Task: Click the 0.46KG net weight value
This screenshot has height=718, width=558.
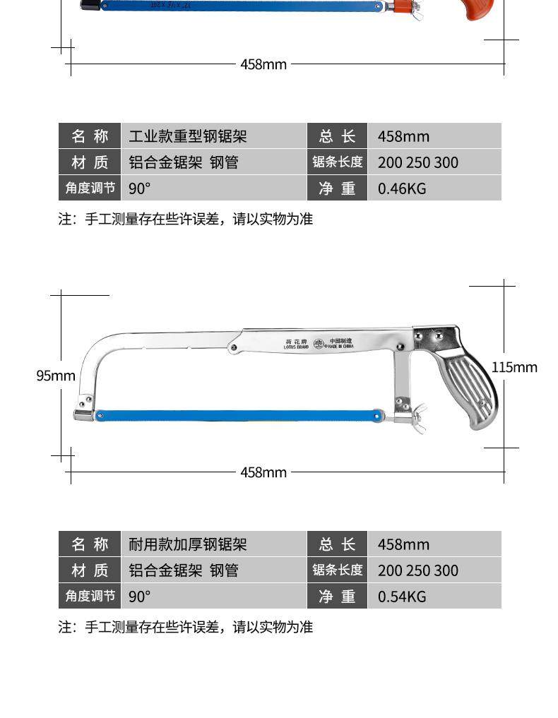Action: (402, 189)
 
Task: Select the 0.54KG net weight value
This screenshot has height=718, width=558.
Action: (402, 597)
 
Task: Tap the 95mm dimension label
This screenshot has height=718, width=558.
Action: (55, 376)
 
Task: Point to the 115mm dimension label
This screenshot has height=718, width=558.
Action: (514, 367)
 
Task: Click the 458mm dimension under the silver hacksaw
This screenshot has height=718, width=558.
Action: (263, 472)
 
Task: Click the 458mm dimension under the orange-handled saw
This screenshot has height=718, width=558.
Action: (263, 64)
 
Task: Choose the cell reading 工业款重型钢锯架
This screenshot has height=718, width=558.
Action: (188, 136)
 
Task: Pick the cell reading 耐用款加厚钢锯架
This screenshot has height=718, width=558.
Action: (188, 544)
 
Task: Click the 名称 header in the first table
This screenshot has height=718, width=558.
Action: (90, 136)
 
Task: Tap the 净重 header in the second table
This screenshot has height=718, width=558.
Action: (337, 597)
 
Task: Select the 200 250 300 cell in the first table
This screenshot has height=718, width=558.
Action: (418, 162)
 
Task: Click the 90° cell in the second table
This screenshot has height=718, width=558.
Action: (140, 597)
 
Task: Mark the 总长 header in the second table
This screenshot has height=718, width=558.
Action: (337, 544)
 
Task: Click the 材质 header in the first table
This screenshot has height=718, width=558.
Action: (90, 162)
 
